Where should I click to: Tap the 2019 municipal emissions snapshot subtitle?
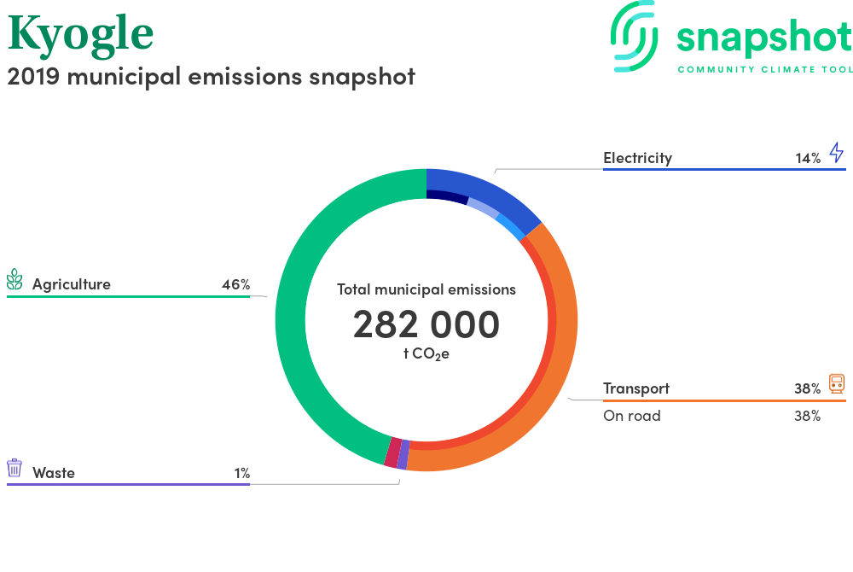211,77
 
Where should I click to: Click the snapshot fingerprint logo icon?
634,36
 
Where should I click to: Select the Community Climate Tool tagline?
765,70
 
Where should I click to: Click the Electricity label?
637,158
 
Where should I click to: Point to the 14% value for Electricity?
808,159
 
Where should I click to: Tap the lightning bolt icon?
837,152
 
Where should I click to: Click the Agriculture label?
72,284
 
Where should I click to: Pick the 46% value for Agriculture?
236,284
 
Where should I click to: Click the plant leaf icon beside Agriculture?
15,279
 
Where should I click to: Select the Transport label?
636,388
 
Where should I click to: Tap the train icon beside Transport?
837,383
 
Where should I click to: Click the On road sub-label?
631,416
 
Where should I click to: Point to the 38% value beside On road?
807,417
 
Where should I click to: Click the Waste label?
53,473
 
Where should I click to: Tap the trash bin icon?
15,468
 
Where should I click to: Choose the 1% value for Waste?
242,474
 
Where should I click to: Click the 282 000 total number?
426,324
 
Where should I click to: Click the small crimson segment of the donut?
392,452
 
